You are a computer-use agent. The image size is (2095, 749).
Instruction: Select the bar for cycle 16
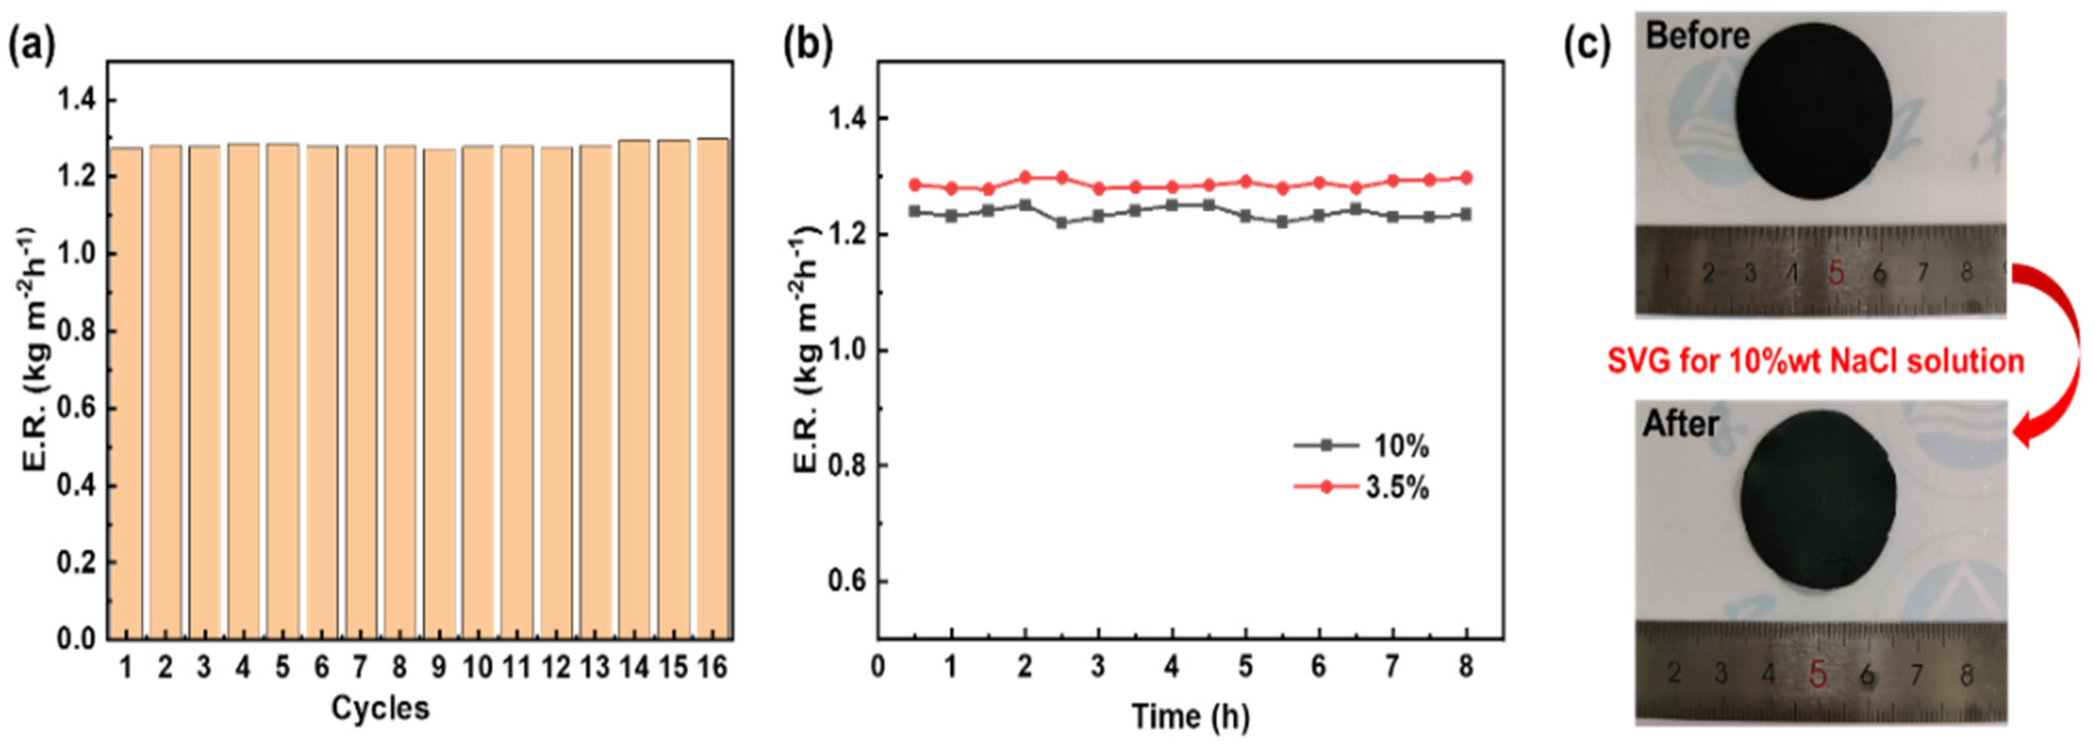(x=712, y=390)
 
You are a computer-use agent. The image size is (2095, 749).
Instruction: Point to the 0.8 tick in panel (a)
(x=76, y=332)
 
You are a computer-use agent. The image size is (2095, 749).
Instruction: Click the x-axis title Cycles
(x=380, y=707)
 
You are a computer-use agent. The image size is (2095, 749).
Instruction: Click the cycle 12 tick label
(x=556, y=668)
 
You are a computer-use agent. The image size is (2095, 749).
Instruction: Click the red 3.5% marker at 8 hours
(x=1466, y=177)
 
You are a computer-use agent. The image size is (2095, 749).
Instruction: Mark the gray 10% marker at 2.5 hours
(x=1061, y=222)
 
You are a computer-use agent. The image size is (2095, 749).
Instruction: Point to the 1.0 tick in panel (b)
(x=846, y=350)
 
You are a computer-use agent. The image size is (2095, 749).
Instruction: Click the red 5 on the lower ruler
(x=1818, y=674)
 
